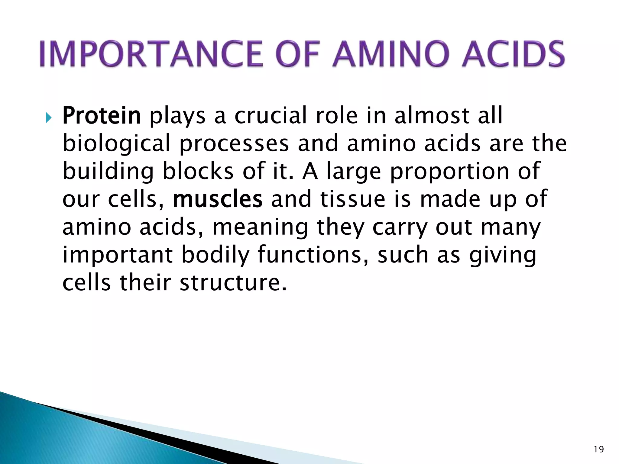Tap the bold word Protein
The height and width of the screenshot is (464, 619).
click(102, 116)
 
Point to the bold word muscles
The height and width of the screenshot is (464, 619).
click(218, 199)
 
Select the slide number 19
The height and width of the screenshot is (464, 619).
click(599, 449)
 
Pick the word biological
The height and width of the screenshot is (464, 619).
click(116, 144)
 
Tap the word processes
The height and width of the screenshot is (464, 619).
click(234, 144)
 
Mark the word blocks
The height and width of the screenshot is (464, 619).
click(198, 171)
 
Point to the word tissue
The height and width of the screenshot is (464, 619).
click(353, 199)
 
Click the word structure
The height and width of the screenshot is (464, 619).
click(233, 283)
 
